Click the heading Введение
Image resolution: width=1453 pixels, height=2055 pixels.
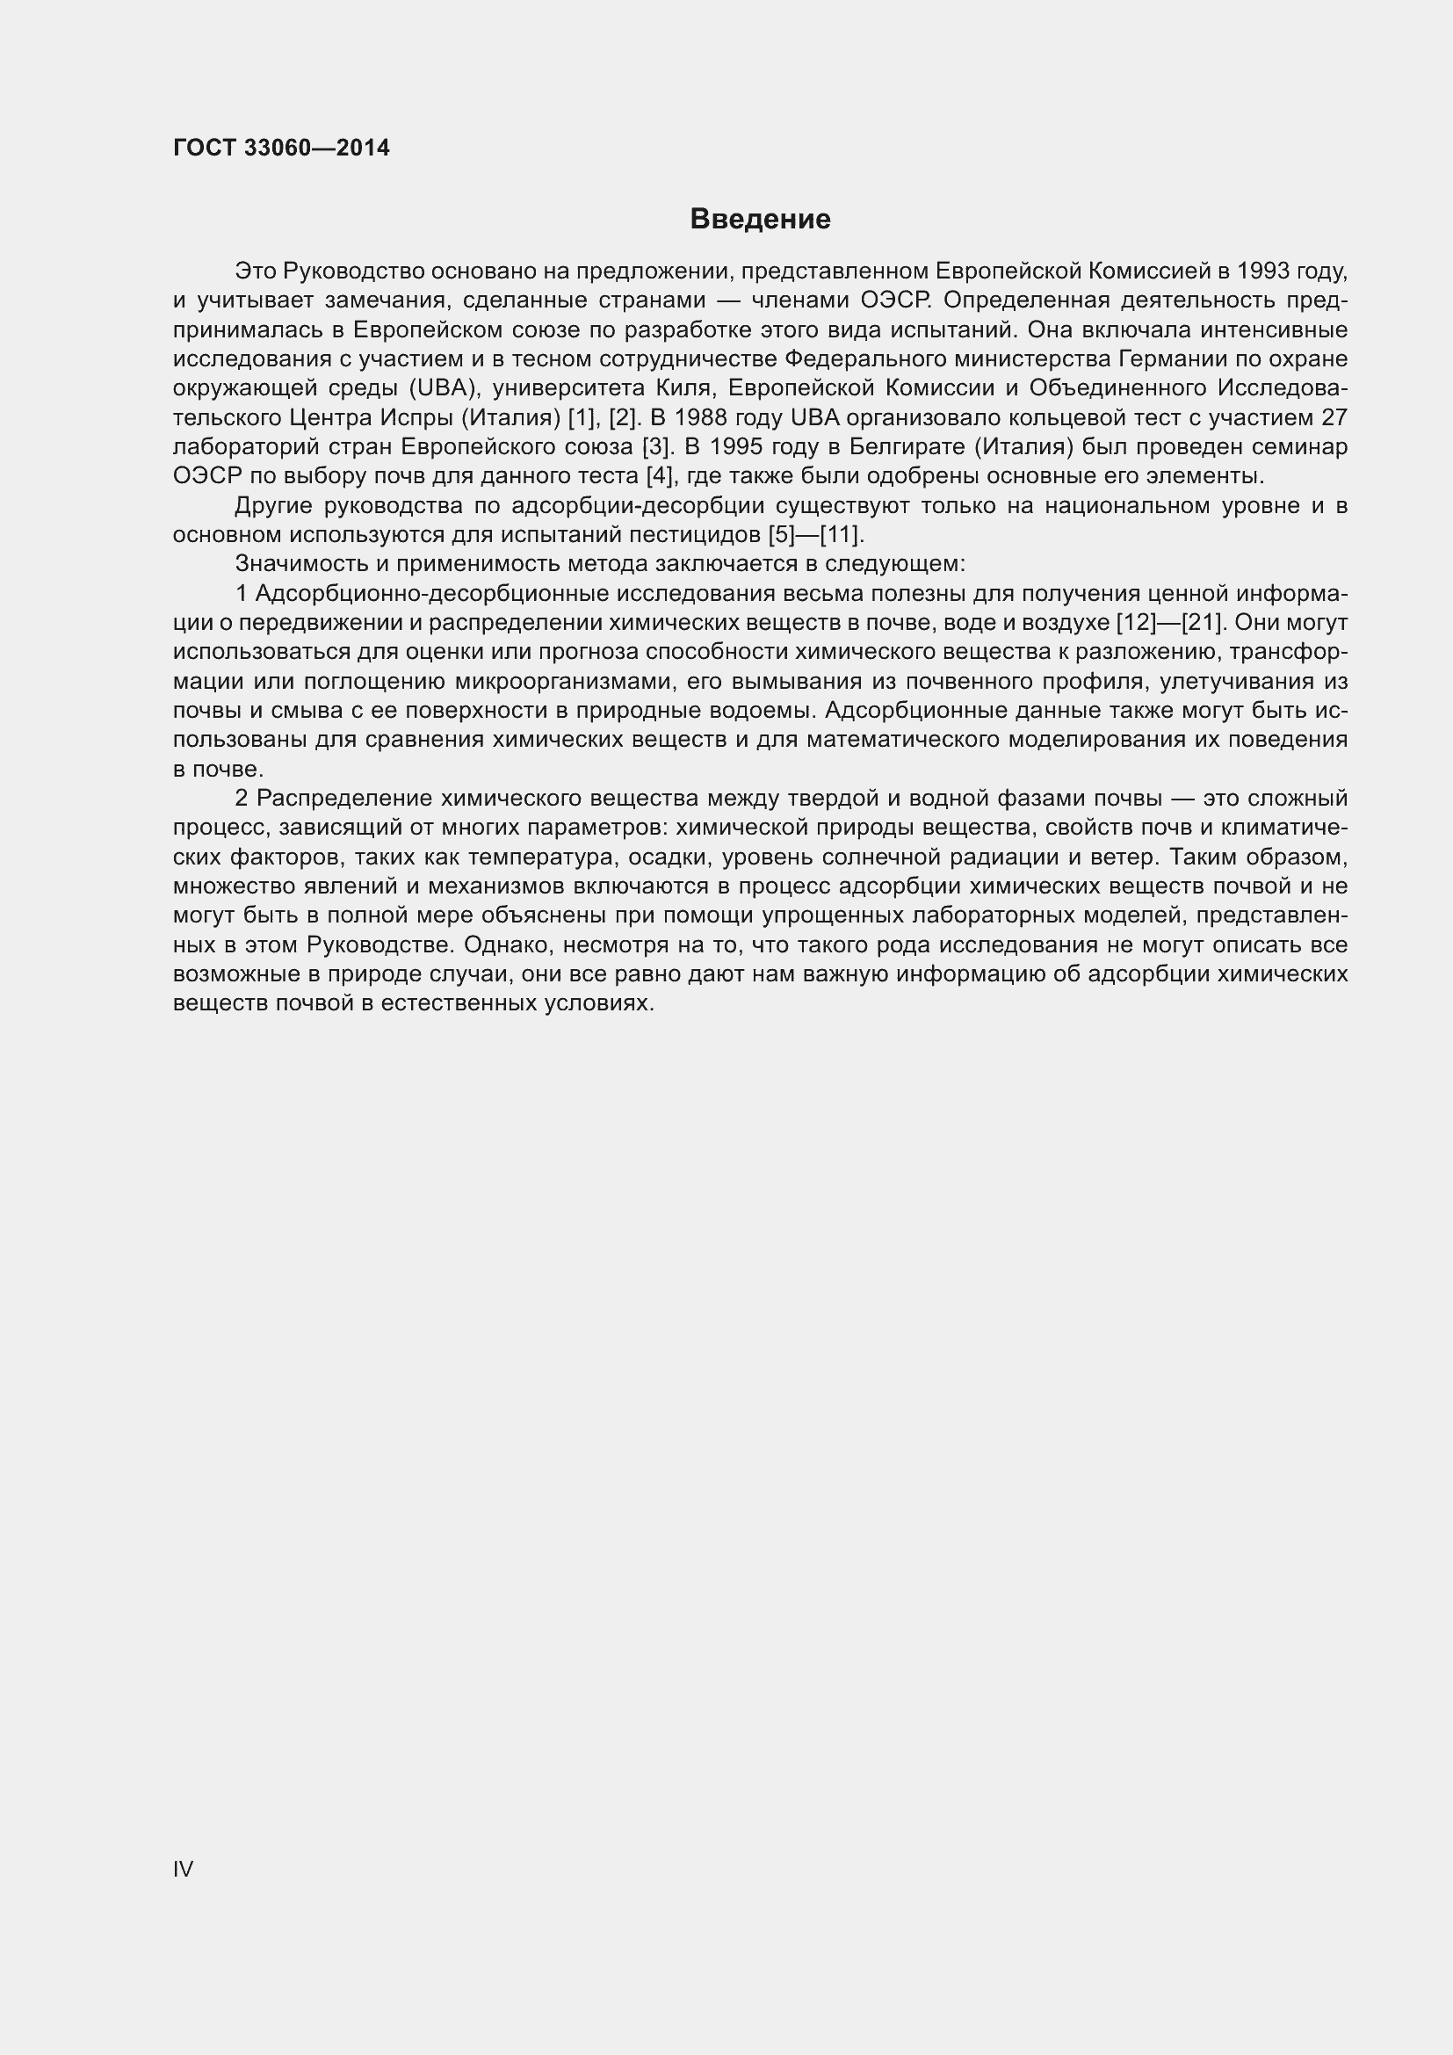[760, 220]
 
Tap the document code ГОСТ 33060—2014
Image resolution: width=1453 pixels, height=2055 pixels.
[281, 148]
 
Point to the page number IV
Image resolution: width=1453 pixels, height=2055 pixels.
[183, 1869]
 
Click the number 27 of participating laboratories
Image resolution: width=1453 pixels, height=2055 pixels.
[1334, 418]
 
